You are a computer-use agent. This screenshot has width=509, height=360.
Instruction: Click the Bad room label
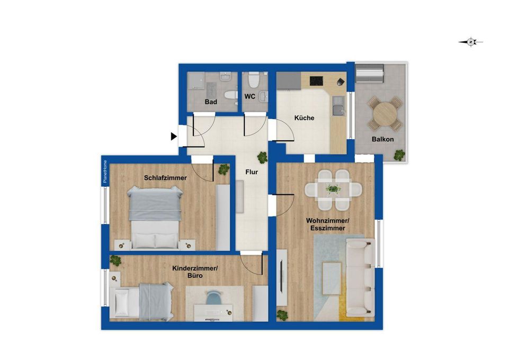[x=211, y=102]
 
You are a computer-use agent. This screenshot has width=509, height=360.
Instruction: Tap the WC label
[x=249, y=97]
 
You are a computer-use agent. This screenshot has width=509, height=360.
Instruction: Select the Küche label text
[x=304, y=118]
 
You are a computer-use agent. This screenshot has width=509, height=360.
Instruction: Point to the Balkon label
[x=383, y=139]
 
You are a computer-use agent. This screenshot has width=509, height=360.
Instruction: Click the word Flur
[x=252, y=172]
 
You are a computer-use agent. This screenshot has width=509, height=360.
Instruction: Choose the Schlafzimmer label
[x=165, y=178]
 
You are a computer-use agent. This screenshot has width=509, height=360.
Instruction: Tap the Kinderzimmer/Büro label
[x=195, y=272]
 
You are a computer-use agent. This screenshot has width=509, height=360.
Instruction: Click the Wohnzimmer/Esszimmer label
[x=327, y=224]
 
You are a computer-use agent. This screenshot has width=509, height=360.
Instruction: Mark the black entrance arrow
[x=174, y=137]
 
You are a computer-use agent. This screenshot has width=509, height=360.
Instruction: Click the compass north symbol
[x=471, y=42]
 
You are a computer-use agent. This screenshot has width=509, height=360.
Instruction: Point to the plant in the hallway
[x=262, y=158]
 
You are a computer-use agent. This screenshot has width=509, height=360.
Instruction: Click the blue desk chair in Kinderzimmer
[x=213, y=297]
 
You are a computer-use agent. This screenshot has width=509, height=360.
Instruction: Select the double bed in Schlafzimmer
[x=155, y=217]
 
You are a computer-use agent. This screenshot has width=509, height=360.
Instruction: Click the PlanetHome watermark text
[x=105, y=172]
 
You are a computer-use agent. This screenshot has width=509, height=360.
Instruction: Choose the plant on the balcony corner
[x=399, y=155]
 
